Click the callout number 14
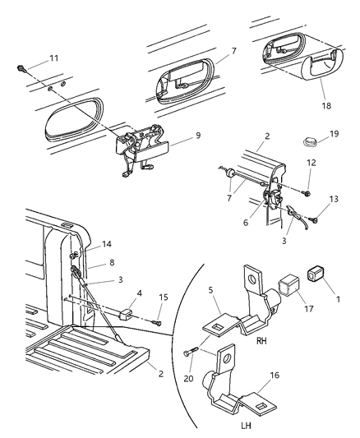click(106, 244)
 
